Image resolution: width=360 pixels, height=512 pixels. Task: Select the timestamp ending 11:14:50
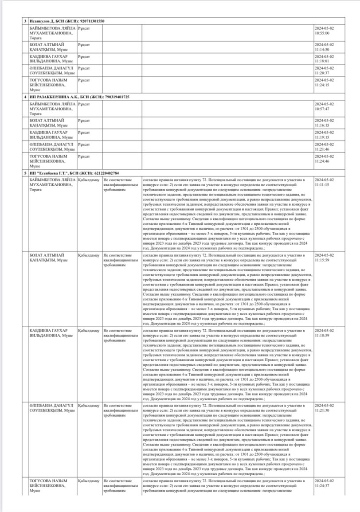pyautogui.click(x=324, y=47)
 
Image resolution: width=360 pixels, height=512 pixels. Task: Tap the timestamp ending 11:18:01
pyautogui.click(x=324, y=59)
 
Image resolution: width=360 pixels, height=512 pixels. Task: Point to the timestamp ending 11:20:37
pyautogui.click(x=324, y=70)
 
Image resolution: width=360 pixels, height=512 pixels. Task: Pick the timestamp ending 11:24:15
pyautogui.click(x=324, y=82)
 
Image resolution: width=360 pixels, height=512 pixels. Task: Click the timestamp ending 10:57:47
pyautogui.click(x=324, y=106)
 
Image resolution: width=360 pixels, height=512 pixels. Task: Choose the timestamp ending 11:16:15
pyautogui.click(x=324, y=123)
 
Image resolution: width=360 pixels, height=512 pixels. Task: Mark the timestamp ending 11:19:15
pyautogui.click(x=324, y=135)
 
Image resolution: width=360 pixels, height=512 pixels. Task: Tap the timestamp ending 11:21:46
pyautogui.click(x=324, y=147)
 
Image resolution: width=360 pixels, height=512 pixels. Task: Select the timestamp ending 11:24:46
pyautogui.click(x=324, y=158)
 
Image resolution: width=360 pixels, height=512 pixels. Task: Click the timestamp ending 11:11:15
pyautogui.click(x=324, y=182)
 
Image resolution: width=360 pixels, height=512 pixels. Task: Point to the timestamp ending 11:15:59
pyautogui.click(x=324, y=258)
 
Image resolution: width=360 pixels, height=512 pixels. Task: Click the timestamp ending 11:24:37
pyautogui.click(x=324, y=484)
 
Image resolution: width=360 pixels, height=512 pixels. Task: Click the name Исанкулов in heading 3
pyautogui.click(x=39, y=21)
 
